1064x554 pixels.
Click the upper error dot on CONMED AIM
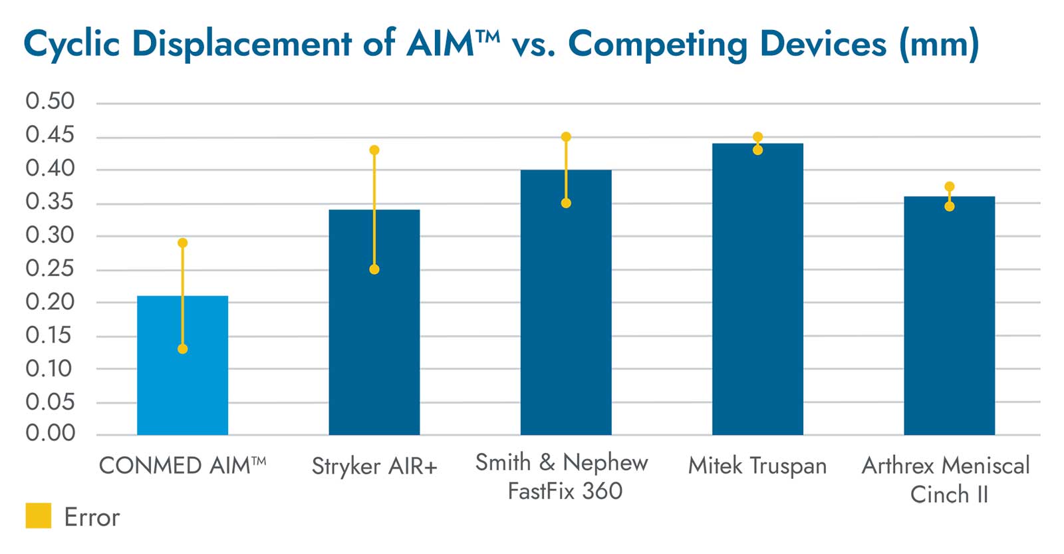183,243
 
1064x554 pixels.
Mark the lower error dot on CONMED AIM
183,349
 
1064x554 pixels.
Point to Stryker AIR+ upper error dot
374,150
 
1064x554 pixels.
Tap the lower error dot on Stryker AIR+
374,269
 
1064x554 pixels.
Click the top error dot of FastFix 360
566,137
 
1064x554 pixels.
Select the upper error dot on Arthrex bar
950,187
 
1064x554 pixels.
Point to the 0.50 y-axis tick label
50,101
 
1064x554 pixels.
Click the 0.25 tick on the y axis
50,268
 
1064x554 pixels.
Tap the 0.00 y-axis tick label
50,434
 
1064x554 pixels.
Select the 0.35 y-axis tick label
50,202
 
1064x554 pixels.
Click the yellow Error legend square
39,516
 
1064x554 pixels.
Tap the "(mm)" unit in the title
938,44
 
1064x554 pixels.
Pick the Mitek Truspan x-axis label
757,466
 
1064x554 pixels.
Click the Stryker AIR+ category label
374,466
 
